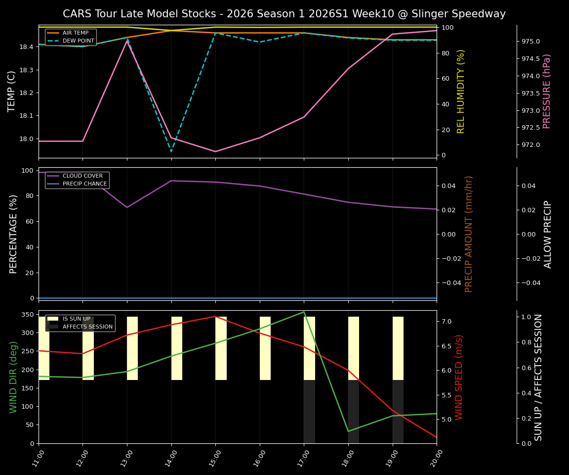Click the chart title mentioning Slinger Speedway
[284, 14]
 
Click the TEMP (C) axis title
[12, 91]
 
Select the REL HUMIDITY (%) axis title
[461, 91]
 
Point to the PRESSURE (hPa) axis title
[547, 91]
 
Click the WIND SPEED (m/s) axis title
[459, 377]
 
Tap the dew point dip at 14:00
[171, 151]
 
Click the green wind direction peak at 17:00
[304, 312]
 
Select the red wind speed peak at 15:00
[215, 317]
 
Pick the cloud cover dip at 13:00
[127, 207]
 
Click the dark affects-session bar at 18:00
[354, 412]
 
